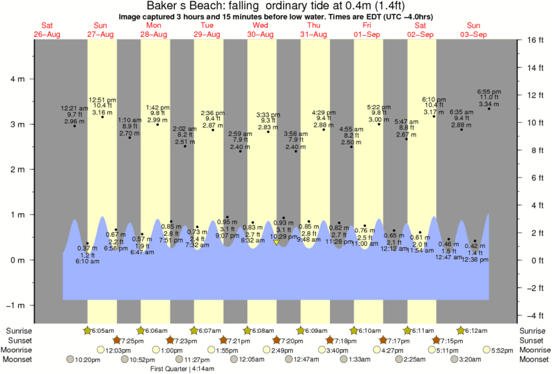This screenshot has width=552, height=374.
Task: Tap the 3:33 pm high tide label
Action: pyautogui.click(x=268, y=114)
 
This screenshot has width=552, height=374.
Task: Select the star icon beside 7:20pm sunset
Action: pyautogui.click(x=277, y=340)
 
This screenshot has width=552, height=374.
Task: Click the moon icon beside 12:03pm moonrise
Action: pyautogui.click(x=100, y=350)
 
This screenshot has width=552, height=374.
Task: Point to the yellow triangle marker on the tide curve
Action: pyautogui.click(x=276, y=243)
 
